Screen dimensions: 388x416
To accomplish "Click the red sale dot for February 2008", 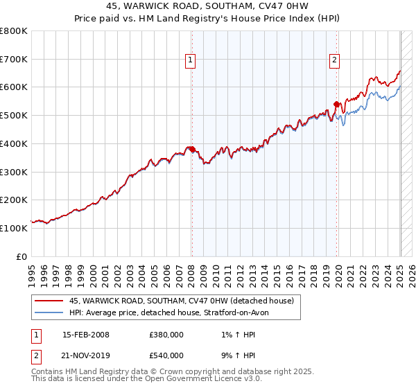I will pyautogui.click(x=192, y=149).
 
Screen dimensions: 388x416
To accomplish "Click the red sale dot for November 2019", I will pyautogui.click(x=336, y=104).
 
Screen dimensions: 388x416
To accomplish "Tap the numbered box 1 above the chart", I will pyautogui.click(x=190, y=61).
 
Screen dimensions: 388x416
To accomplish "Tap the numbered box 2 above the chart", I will pyautogui.click(x=334, y=61).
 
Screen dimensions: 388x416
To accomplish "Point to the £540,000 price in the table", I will pyautogui.click(x=166, y=355).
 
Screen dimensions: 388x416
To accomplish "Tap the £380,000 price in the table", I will pyautogui.click(x=166, y=335).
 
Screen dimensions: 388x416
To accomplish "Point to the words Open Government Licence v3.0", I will pyautogui.click(x=209, y=379).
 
